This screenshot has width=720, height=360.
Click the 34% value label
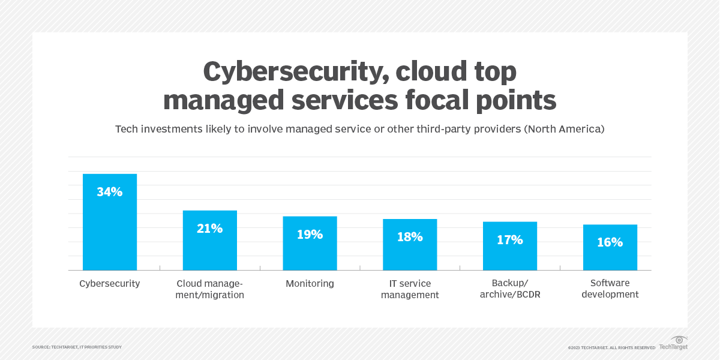pyautogui.click(x=110, y=192)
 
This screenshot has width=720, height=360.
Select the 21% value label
pyautogui.click(x=210, y=229)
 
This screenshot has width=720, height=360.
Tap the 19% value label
pyautogui.click(x=310, y=235)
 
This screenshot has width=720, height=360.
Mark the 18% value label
pyautogui.click(x=410, y=237)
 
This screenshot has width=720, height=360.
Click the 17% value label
pyautogui.click(x=510, y=240)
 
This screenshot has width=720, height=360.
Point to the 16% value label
pyautogui.click(x=610, y=243)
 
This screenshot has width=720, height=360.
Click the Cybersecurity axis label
pyautogui.click(x=110, y=284)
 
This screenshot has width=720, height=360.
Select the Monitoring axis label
pyautogui.click(x=310, y=284)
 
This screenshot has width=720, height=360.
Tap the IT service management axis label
pyautogui.click(x=410, y=289)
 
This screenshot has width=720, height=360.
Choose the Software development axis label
pyautogui.click(x=610, y=289)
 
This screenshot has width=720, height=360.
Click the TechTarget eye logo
pyautogui.click(x=679, y=340)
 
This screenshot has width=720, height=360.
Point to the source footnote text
pyautogui.click(x=77, y=347)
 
